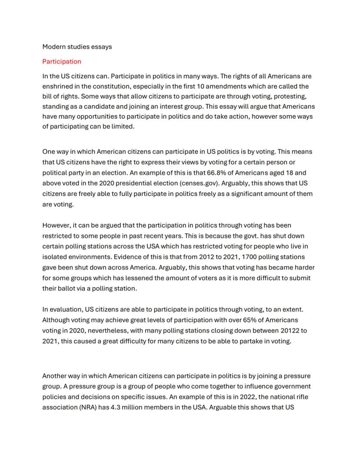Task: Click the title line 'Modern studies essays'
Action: click(x=77, y=47)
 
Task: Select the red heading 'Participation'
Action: click(x=62, y=61)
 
